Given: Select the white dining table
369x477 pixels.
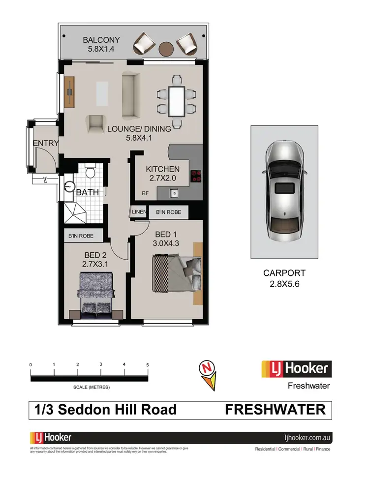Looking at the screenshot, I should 176,100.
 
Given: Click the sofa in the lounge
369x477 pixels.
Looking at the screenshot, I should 130,95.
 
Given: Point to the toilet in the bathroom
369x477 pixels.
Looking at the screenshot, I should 90,173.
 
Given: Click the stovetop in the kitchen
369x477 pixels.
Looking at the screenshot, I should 196,176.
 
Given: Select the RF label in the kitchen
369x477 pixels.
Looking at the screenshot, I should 145,193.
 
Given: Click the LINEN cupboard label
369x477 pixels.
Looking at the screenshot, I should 138,212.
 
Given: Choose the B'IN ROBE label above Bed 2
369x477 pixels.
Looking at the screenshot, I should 85,236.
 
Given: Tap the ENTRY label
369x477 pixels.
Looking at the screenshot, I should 46,144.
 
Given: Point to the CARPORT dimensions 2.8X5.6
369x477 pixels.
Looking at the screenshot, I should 284,284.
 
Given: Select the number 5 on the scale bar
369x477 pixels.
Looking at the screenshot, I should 148,364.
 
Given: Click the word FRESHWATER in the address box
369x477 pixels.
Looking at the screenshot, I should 275,410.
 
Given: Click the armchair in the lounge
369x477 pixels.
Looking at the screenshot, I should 96,123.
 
